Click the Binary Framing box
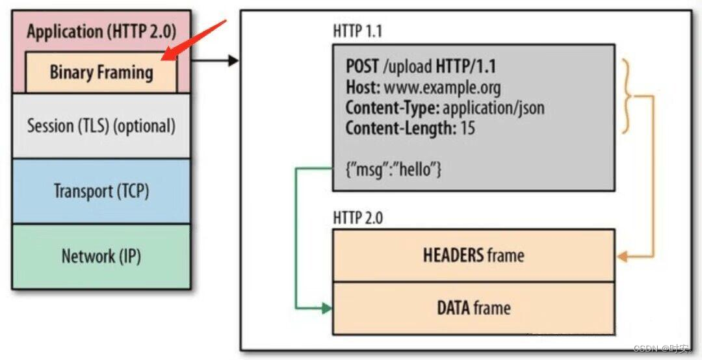coord(101,72)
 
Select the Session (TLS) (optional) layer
coord(101,125)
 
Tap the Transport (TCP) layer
coord(101,191)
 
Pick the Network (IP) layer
coord(101,256)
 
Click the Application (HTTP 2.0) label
coord(101,31)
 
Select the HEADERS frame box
coord(473,255)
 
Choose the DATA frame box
coord(473,307)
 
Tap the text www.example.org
coord(442,87)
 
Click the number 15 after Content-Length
coord(467,128)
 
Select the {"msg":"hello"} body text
coord(394,170)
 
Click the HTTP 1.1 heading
coord(358,31)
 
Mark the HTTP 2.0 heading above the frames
coord(358,217)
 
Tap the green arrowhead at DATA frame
coord(327,308)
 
